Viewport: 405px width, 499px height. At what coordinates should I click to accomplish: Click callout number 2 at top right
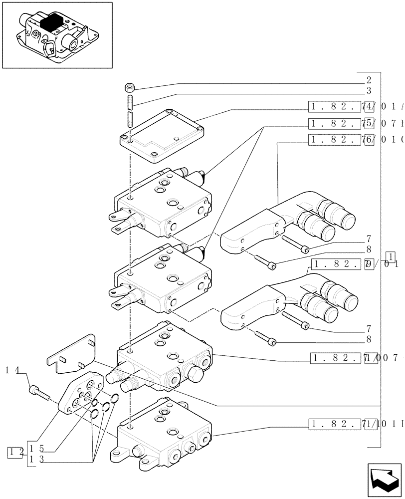368,79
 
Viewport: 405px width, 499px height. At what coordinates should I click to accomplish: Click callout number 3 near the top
368,91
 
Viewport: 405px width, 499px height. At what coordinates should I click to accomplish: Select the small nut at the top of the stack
129,88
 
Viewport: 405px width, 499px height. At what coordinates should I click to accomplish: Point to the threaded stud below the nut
129,113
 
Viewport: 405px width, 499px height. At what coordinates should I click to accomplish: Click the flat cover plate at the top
162,135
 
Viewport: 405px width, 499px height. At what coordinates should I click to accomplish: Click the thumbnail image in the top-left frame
56,35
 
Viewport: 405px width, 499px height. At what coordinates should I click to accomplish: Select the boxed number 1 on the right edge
391,257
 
